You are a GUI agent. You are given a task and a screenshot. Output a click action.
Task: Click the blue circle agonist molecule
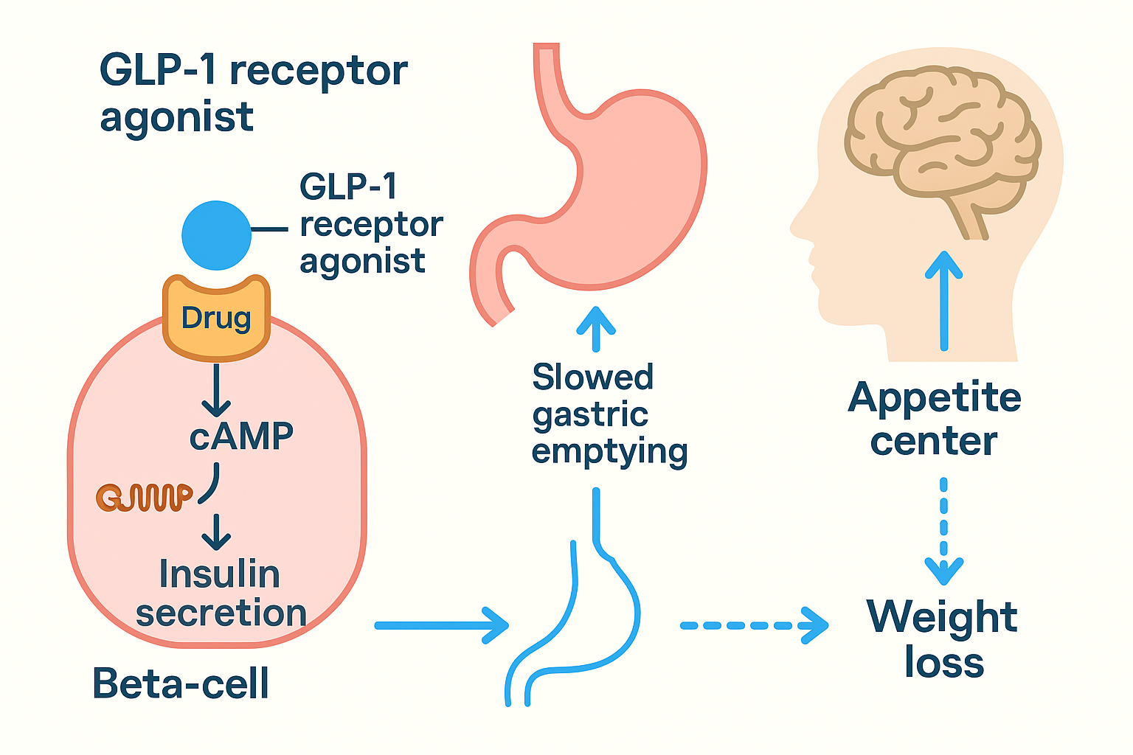[216, 235]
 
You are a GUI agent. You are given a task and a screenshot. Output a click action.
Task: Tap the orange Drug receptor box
[216, 319]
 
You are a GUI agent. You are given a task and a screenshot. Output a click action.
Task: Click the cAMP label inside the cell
[241, 436]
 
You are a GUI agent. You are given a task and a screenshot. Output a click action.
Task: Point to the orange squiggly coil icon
[144, 498]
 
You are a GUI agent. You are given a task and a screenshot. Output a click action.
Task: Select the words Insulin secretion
[221, 594]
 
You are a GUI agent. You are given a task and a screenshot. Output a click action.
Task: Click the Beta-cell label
[181, 683]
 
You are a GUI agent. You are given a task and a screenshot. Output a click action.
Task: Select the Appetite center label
[935, 419]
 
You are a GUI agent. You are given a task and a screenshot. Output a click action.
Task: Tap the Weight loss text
[943, 639]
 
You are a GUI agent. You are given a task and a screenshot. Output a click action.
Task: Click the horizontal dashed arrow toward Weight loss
[752, 625]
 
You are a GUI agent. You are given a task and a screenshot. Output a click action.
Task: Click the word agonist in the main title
[177, 118]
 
